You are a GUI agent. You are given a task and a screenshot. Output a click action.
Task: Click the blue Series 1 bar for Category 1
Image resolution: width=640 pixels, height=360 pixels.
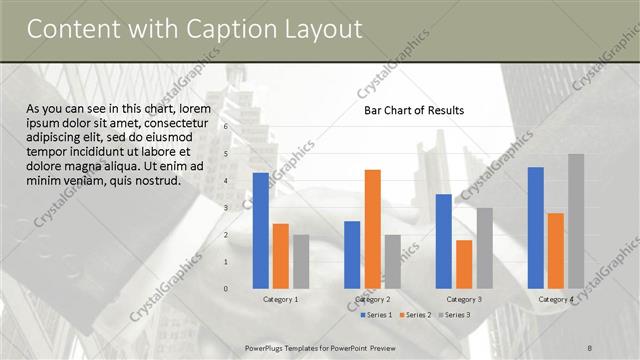point(261,231)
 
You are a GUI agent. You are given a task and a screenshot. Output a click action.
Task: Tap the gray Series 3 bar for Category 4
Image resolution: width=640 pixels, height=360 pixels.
point(576,221)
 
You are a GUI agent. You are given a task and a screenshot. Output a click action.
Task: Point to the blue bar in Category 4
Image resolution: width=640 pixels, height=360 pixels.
point(536,228)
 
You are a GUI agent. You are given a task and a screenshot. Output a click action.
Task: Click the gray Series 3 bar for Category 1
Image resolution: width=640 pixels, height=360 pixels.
point(301,261)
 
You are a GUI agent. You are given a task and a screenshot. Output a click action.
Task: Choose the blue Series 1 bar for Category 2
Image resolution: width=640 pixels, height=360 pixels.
point(352,255)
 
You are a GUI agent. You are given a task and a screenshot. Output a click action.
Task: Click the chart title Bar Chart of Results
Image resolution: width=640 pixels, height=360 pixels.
point(413,110)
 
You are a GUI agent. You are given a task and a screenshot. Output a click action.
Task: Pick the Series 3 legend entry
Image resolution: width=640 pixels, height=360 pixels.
point(455,315)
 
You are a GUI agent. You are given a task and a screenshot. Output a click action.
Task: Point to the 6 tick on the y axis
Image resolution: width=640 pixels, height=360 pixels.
point(227,127)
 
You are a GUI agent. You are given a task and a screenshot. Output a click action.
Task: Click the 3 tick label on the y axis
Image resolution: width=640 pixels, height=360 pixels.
point(227,208)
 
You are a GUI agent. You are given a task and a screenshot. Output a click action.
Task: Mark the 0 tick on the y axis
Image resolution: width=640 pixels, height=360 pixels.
point(227,289)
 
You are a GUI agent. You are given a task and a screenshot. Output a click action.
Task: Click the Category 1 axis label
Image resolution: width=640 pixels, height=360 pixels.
point(280,299)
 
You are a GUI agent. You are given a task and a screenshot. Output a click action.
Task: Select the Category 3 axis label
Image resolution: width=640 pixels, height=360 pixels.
point(464,299)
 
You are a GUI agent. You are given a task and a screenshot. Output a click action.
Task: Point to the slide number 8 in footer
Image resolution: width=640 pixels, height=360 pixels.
point(590,347)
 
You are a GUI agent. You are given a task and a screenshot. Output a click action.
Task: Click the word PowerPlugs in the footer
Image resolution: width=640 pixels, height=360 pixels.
point(268,347)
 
